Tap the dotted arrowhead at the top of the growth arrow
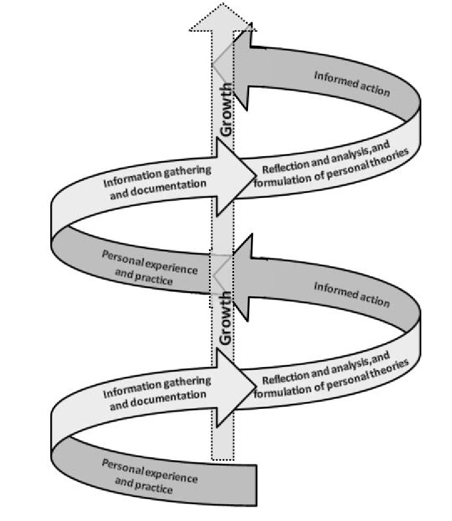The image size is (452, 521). (x=222, y=19)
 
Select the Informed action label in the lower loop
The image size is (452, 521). (x=351, y=294)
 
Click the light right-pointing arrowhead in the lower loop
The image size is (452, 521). (x=234, y=385)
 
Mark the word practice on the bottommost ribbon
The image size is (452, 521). (x=154, y=489)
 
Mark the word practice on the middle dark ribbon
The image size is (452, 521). (x=154, y=281)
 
